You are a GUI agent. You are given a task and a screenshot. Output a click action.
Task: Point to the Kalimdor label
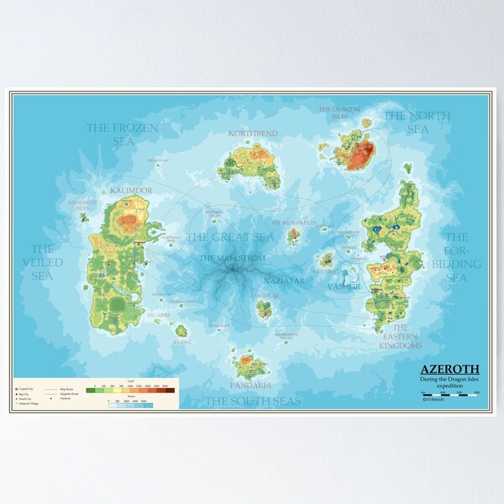click(130, 191)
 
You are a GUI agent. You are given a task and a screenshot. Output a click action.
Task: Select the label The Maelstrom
click(230, 258)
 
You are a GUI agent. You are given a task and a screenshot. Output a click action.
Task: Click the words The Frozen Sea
click(123, 134)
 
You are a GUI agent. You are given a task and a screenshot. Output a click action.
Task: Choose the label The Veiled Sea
click(43, 262)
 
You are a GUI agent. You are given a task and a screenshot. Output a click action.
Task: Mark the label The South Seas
click(253, 402)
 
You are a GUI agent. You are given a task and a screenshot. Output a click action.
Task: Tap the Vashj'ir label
click(344, 286)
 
